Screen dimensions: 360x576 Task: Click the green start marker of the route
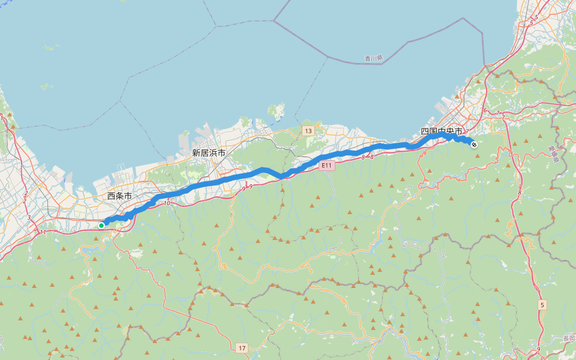click(x=101, y=226)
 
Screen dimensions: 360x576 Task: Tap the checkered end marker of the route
click(x=473, y=143)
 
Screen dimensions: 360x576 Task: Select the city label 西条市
click(x=119, y=196)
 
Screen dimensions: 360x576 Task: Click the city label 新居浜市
click(x=208, y=153)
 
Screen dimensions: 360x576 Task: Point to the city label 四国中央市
click(x=441, y=131)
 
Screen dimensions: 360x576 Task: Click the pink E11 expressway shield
click(x=326, y=166)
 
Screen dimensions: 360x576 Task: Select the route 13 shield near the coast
click(x=308, y=131)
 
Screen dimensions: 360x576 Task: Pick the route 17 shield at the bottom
click(x=242, y=348)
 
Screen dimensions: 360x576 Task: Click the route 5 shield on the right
click(x=542, y=305)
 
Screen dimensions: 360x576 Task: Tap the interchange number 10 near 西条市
click(x=166, y=204)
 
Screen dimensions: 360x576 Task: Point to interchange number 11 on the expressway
click(x=43, y=232)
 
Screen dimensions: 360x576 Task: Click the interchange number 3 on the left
click(x=28, y=217)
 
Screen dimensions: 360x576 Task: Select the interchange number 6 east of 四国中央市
click(x=484, y=110)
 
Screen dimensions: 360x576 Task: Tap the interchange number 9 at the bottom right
click(x=539, y=349)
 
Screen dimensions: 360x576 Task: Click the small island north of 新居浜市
click(x=277, y=112)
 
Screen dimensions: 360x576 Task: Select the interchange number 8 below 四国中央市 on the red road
click(x=520, y=193)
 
